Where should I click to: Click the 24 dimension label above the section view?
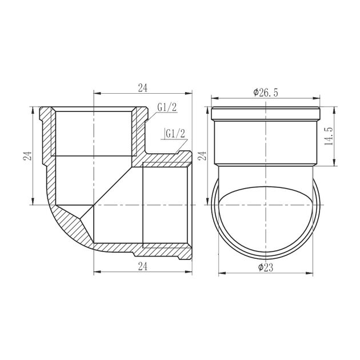pyautogui.click(x=143, y=88)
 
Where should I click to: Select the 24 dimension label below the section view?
pyautogui.click(x=143, y=266)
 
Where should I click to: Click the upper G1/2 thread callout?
pyautogui.click(x=167, y=107)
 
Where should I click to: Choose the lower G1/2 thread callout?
pyautogui.click(x=175, y=134)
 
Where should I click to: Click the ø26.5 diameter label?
pyautogui.click(x=266, y=93)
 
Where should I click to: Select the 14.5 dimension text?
pyautogui.click(x=329, y=136)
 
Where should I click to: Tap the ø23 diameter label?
pyautogui.click(x=266, y=267)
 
